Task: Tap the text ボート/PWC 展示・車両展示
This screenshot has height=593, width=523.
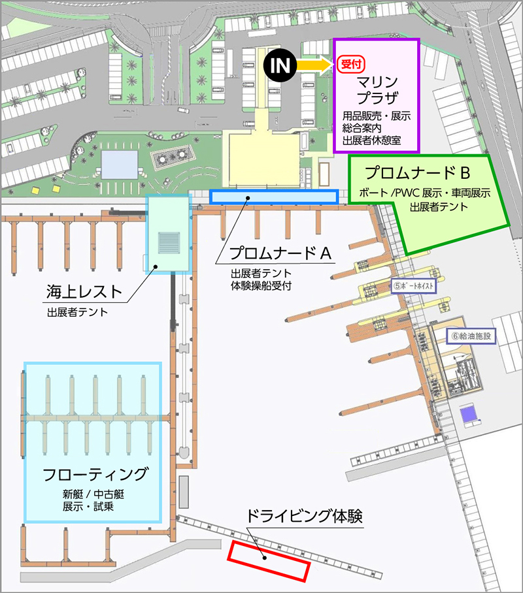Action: click(x=425, y=194)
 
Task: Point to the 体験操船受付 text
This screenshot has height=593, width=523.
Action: click(x=261, y=285)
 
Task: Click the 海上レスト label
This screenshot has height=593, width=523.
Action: click(x=84, y=292)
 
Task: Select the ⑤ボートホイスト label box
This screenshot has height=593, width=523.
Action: click(x=414, y=286)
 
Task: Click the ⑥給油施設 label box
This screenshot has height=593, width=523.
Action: click(x=471, y=336)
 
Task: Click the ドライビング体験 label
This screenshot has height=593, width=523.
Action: click(x=304, y=516)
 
